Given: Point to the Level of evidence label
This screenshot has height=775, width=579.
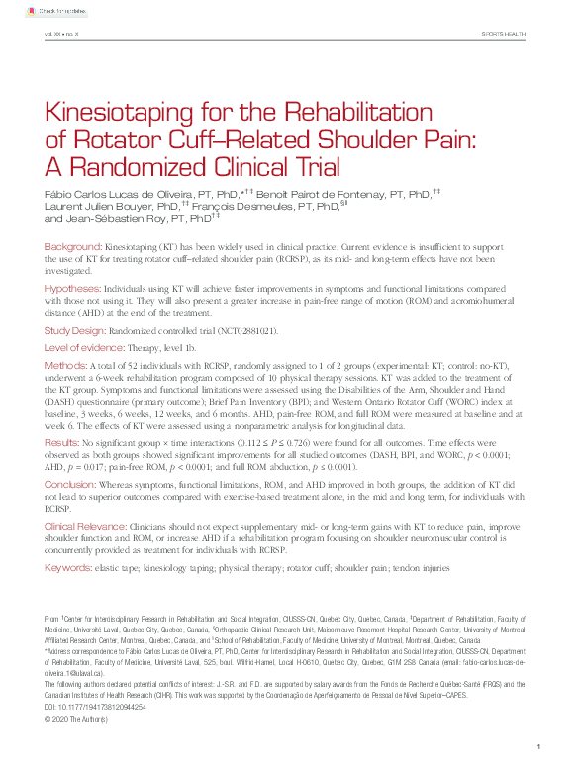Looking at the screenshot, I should coord(84,348).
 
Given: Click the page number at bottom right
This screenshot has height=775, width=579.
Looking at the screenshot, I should coord(535,746).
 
